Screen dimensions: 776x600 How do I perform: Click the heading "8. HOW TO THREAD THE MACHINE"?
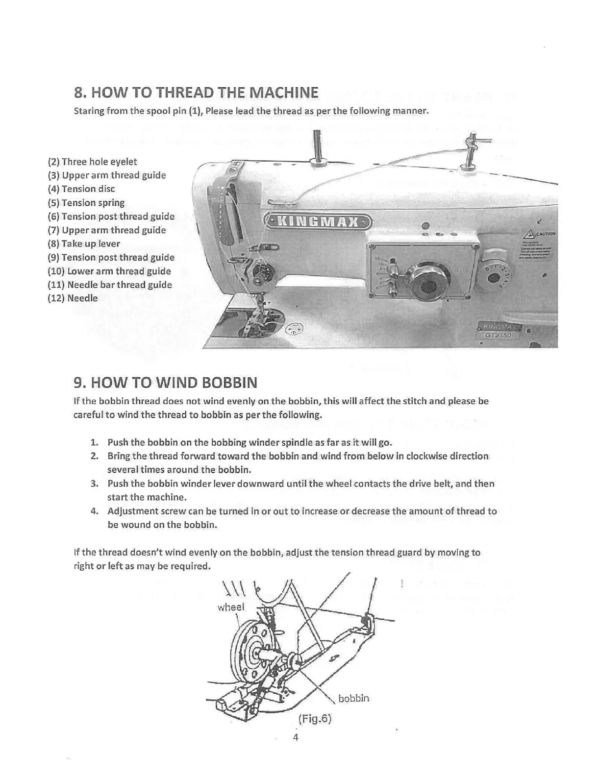196,93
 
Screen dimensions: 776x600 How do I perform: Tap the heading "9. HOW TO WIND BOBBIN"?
165,382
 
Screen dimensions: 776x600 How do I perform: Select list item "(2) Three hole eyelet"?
92,162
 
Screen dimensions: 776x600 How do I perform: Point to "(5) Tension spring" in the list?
86,203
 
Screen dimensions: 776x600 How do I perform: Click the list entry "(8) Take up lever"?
84,244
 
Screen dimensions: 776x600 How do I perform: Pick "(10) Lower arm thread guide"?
109,271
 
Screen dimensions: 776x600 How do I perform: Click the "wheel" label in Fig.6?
230,607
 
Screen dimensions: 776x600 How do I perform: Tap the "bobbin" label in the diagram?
353,699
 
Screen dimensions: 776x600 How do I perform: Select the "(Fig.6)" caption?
315,719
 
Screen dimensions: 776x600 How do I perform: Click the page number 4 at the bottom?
296,737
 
